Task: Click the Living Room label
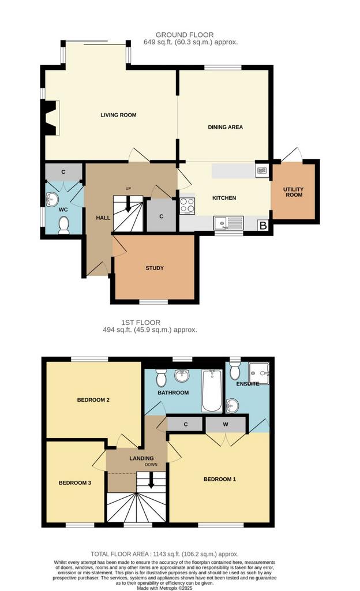point(118,115)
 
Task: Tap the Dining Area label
point(225,127)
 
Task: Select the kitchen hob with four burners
point(187,206)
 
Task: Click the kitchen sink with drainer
point(228,223)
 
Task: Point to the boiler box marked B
point(264,226)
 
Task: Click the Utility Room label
point(294,192)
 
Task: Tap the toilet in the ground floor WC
point(65,225)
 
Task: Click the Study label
point(155,268)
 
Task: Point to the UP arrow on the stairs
point(128,204)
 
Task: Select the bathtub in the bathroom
point(212,391)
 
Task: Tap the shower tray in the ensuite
point(258,373)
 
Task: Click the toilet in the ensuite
point(235,371)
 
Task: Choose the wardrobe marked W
point(226,424)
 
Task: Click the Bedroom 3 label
point(75,483)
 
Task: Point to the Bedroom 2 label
point(93,400)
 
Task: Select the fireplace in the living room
point(51,118)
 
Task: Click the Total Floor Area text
point(164,554)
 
